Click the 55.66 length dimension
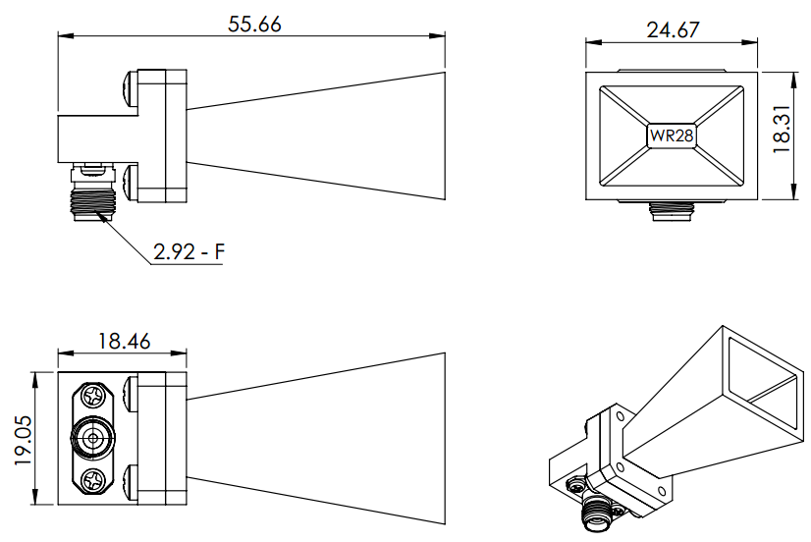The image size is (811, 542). click(x=254, y=25)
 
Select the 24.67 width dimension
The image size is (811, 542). click(x=673, y=29)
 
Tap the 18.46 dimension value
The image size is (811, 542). click(x=123, y=342)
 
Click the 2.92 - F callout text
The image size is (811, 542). click(x=189, y=252)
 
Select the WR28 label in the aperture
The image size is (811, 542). click(x=672, y=135)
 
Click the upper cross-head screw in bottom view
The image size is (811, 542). click(x=95, y=397)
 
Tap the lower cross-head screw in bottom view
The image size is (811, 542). click(x=95, y=482)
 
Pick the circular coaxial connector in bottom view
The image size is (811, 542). click(x=95, y=439)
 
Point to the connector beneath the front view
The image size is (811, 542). click(x=672, y=209)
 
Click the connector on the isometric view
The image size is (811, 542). click(x=594, y=510)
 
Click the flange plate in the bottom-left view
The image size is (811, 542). click(x=161, y=438)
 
